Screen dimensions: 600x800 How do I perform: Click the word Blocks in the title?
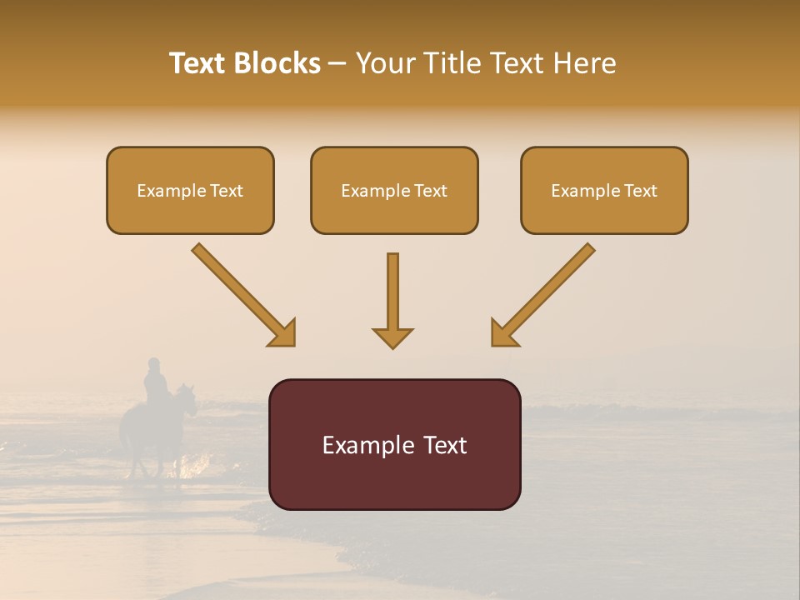coord(278,63)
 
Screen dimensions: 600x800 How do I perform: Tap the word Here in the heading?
coord(584,63)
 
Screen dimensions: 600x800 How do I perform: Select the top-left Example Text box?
coord(190,191)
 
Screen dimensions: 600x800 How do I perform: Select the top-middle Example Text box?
coord(394,191)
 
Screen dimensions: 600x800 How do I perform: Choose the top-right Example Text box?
coord(604,191)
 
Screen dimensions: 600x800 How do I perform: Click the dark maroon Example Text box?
coord(394,444)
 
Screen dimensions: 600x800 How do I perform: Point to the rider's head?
coord(153,363)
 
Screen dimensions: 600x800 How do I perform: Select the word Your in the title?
coord(384,63)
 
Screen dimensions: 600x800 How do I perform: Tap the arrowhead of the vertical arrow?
coord(392,337)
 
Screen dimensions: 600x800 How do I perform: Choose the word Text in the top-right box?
coord(640,191)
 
